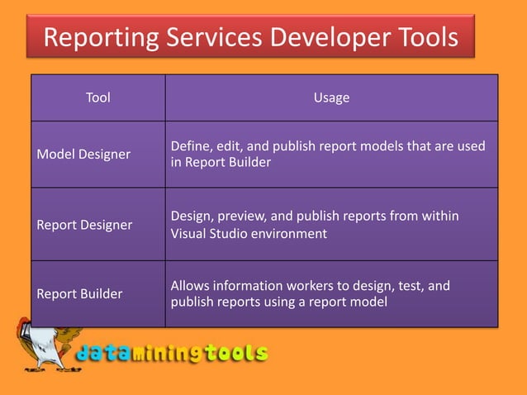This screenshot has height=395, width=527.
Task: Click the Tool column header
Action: (98, 98)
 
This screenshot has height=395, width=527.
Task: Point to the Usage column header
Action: (331, 98)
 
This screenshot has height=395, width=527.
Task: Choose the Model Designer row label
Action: (83, 154)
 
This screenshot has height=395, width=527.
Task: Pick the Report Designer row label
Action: (85, 224)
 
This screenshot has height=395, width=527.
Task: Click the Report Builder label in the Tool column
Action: (80, 293)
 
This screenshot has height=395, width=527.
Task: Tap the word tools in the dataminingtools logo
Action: (239, 354)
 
